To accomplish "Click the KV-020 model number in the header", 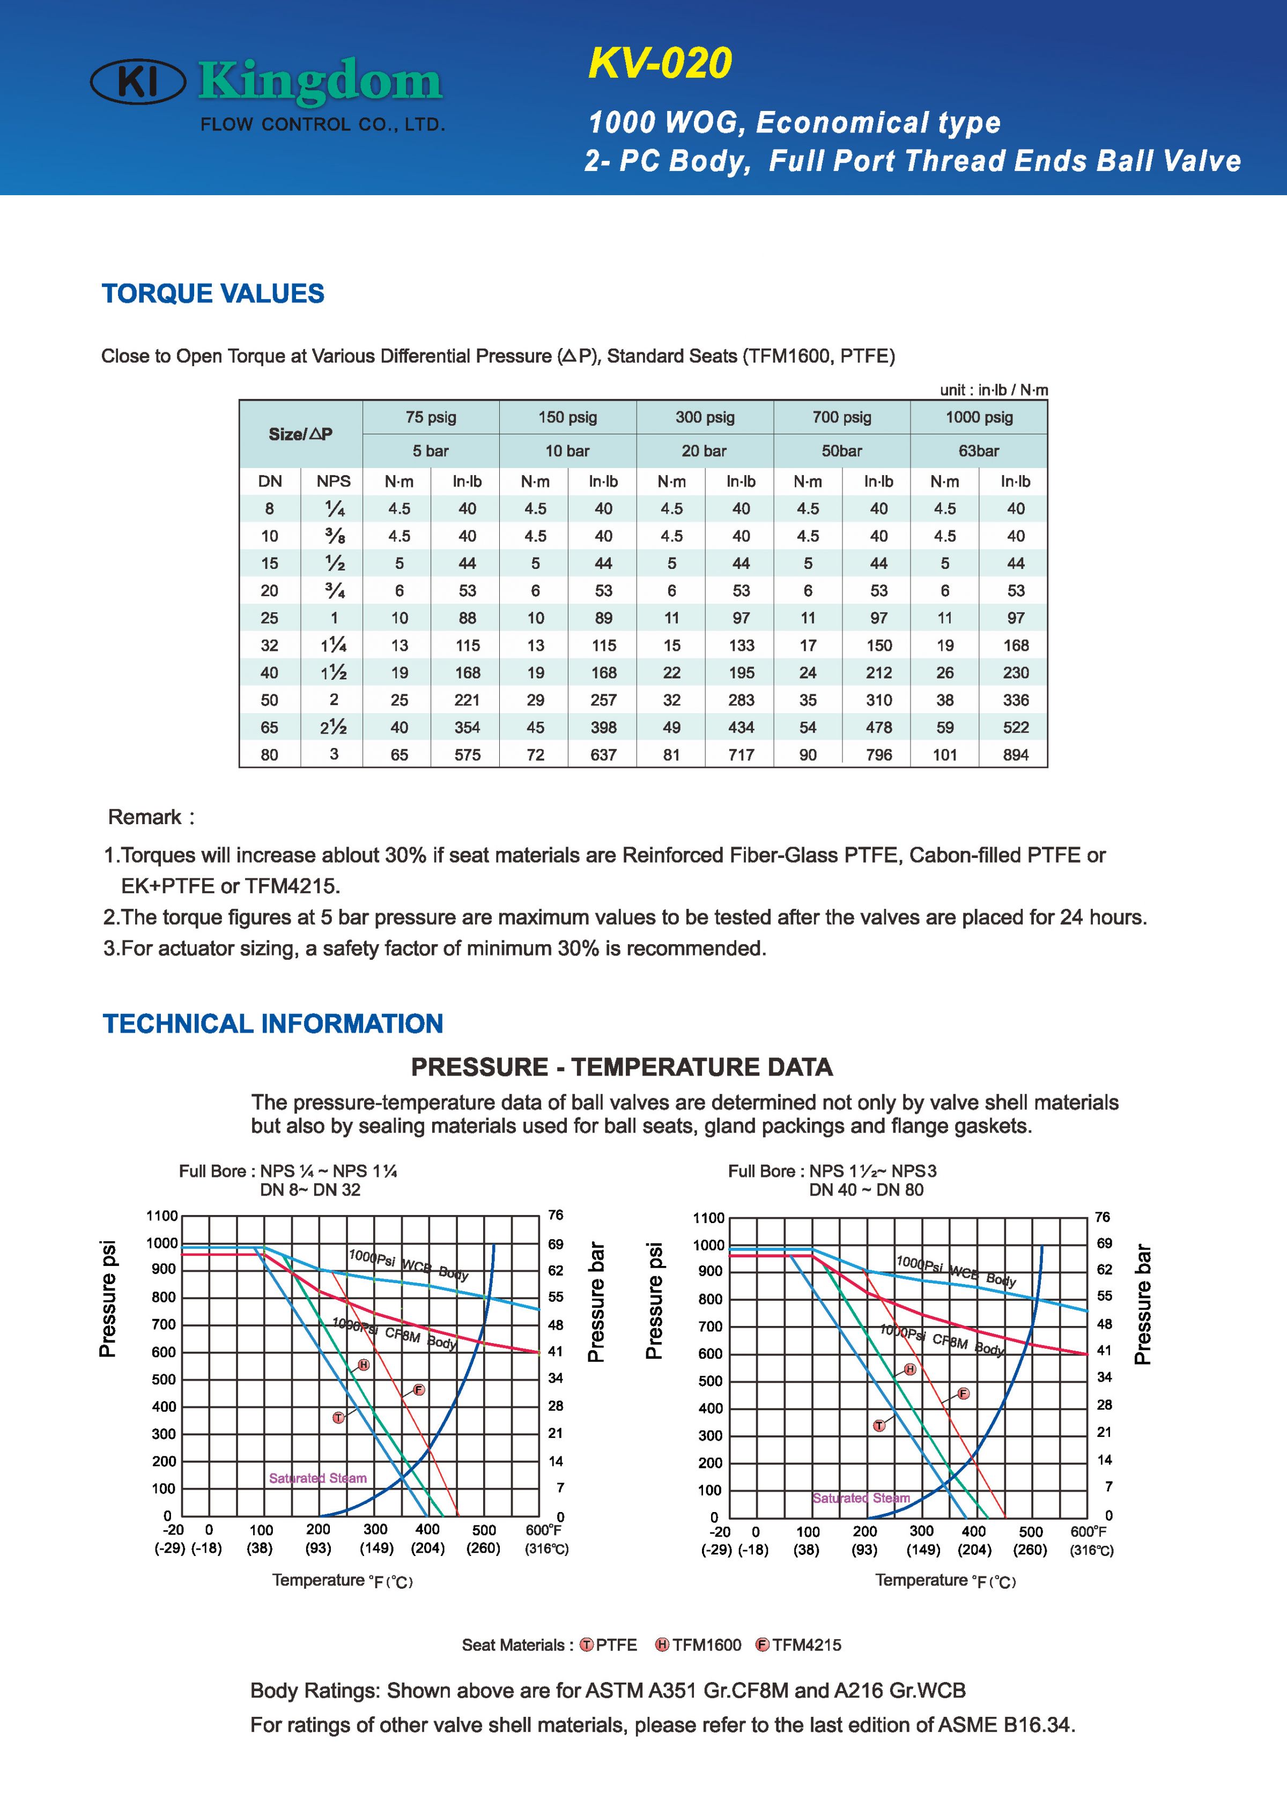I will pyautogui.click(x=660, y=64).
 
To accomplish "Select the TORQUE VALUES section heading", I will pyautogui.click(x=213, y=293).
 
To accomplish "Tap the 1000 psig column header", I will pyautogui.click(x=979, y=417).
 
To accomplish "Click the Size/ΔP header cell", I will pyautogui.click(x=300, y=434).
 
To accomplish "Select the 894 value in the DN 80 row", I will pyautogui.click(x=1016, y=755).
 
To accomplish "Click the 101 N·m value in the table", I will pyautogui.click(x=945, y=755).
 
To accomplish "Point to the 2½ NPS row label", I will pyautogui.click(x=334, y=727).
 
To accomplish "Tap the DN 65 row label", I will pyautogui.click(x=270, y=727).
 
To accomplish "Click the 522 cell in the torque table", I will pyautogui.click(x=1016, y=727).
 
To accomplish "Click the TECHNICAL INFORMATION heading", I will pyautogui.click(x=273, y=1024).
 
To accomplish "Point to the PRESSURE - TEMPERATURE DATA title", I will pyautogui.click(x=622, y=1067).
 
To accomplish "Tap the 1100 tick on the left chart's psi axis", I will pyautogui.click(x=162, y=1217).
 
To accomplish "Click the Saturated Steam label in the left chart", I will pyautogui.click(x=318, y=1478).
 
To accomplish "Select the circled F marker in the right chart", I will pyautogui.click(x=963, y=1394).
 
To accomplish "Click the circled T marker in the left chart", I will pyautogui.click(x=338, y=1418).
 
